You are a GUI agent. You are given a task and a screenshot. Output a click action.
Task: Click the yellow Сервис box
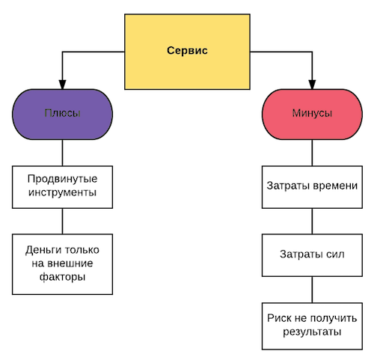pos(187,52)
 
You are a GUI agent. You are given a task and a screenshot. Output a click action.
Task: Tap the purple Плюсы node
pos(62,114)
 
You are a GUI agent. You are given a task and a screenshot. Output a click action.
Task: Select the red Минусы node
pos(312,114)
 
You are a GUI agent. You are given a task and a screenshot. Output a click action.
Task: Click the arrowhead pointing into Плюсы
pos(62,85)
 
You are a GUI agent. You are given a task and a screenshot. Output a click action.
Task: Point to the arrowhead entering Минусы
pos(312,85)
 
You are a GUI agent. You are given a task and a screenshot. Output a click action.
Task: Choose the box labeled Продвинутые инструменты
pos(62,187)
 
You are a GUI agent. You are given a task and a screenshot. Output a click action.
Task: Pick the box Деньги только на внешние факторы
pos(62,264)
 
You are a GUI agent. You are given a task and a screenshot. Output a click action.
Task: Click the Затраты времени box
pos(312,187)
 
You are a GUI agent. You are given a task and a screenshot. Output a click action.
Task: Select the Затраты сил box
pos(312,255)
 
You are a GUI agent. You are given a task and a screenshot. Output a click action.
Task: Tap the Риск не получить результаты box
pos(312,326)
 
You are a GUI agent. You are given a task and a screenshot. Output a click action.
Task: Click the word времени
pos(335,186)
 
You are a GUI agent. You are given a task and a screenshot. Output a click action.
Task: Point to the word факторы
pos(62,278)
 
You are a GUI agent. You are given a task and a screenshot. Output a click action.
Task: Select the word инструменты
pos(62,192)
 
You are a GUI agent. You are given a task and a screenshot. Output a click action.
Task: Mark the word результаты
pos(312,332)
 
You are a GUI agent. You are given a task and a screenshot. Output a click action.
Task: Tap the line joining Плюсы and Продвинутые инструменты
pos(62,153)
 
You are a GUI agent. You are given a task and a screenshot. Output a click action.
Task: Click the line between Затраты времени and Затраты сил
pos(312,222)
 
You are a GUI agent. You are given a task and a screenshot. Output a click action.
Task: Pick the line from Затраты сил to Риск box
pos(312,290)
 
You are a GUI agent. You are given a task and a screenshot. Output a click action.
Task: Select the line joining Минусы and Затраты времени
pos(312,153)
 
